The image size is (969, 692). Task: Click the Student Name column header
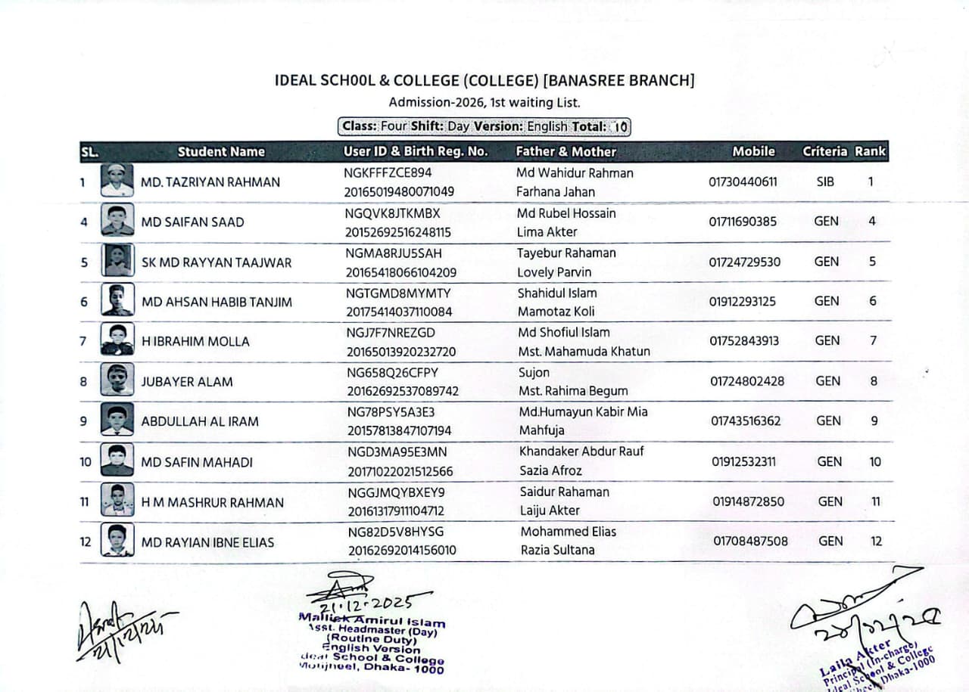(221, 151)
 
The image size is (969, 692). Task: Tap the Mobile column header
(753, 151)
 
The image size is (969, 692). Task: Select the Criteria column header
(824, 151)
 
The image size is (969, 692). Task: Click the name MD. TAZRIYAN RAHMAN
(210, 182)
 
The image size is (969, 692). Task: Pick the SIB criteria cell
(825, 182)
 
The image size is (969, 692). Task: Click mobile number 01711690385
(743, 222)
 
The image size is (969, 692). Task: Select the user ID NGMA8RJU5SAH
(394, 253)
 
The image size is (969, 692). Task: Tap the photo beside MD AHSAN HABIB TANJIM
(117, 300)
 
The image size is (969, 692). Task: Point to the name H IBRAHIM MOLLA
(195, 342)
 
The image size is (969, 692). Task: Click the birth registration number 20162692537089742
(403, 392)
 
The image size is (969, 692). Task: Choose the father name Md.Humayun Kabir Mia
(583, 412)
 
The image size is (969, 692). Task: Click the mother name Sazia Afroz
(550, 470)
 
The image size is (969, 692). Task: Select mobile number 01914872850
(748, 501)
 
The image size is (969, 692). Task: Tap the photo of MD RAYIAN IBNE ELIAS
(117, 541)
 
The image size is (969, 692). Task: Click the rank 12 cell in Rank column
(876, 541)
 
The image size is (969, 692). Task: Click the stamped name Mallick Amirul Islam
(372, 620)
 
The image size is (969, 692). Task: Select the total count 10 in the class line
(620, 127)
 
